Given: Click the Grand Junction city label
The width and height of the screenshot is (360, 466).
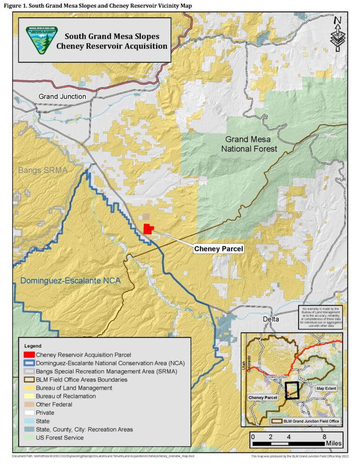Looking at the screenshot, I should [62, 96].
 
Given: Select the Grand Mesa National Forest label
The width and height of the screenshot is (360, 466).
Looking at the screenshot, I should [251, 144].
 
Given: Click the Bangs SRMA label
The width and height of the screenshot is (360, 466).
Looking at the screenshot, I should [43, 170].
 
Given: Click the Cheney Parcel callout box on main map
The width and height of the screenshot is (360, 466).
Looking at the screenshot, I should [218, 249].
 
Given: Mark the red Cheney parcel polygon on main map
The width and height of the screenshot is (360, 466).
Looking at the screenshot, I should [148, 228].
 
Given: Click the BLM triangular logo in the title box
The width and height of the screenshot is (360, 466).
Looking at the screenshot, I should [42, 40].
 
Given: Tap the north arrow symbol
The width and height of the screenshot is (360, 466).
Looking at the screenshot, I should [338, 35].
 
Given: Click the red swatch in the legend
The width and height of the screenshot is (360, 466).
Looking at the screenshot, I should [29, 355].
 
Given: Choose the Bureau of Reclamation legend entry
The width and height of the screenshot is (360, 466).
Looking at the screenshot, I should [66, 396].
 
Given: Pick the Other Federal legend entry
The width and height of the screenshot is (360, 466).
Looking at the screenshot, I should [54, 404].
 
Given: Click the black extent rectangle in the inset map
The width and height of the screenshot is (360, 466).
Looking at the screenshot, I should [292, 391].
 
